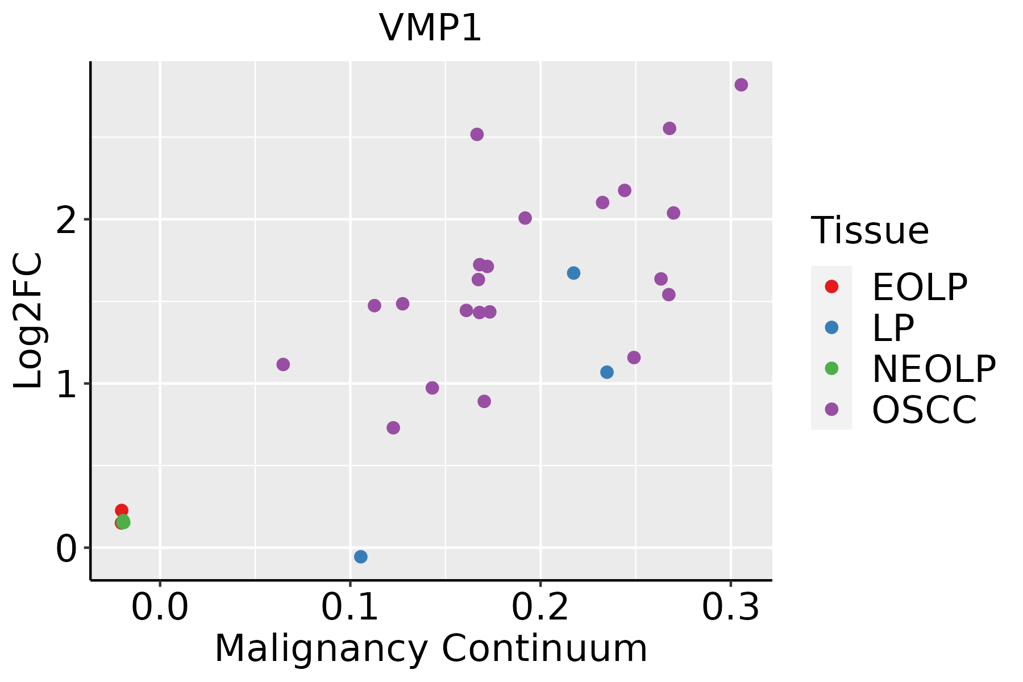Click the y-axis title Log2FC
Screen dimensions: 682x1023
tap(28, 321)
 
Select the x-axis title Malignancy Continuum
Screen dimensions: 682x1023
tap(430, 648)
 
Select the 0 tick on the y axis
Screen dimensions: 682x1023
tap(66, 548)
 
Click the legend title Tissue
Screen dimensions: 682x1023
tap(870, 231)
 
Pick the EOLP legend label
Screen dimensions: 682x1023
tap(919, 287)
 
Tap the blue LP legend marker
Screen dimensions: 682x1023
tap(831, 327)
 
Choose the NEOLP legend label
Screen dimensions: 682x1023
tap(933, 369)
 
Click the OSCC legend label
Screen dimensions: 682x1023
tap(924, 410)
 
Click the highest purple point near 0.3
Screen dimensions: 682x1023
tap(741, 85)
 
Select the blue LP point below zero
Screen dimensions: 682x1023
tap(360, 556)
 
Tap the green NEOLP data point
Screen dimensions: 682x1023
tap(123, 522)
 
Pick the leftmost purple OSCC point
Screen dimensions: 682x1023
tap(283, 364)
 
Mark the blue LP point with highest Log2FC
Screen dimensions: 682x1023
tap(573, 273)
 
